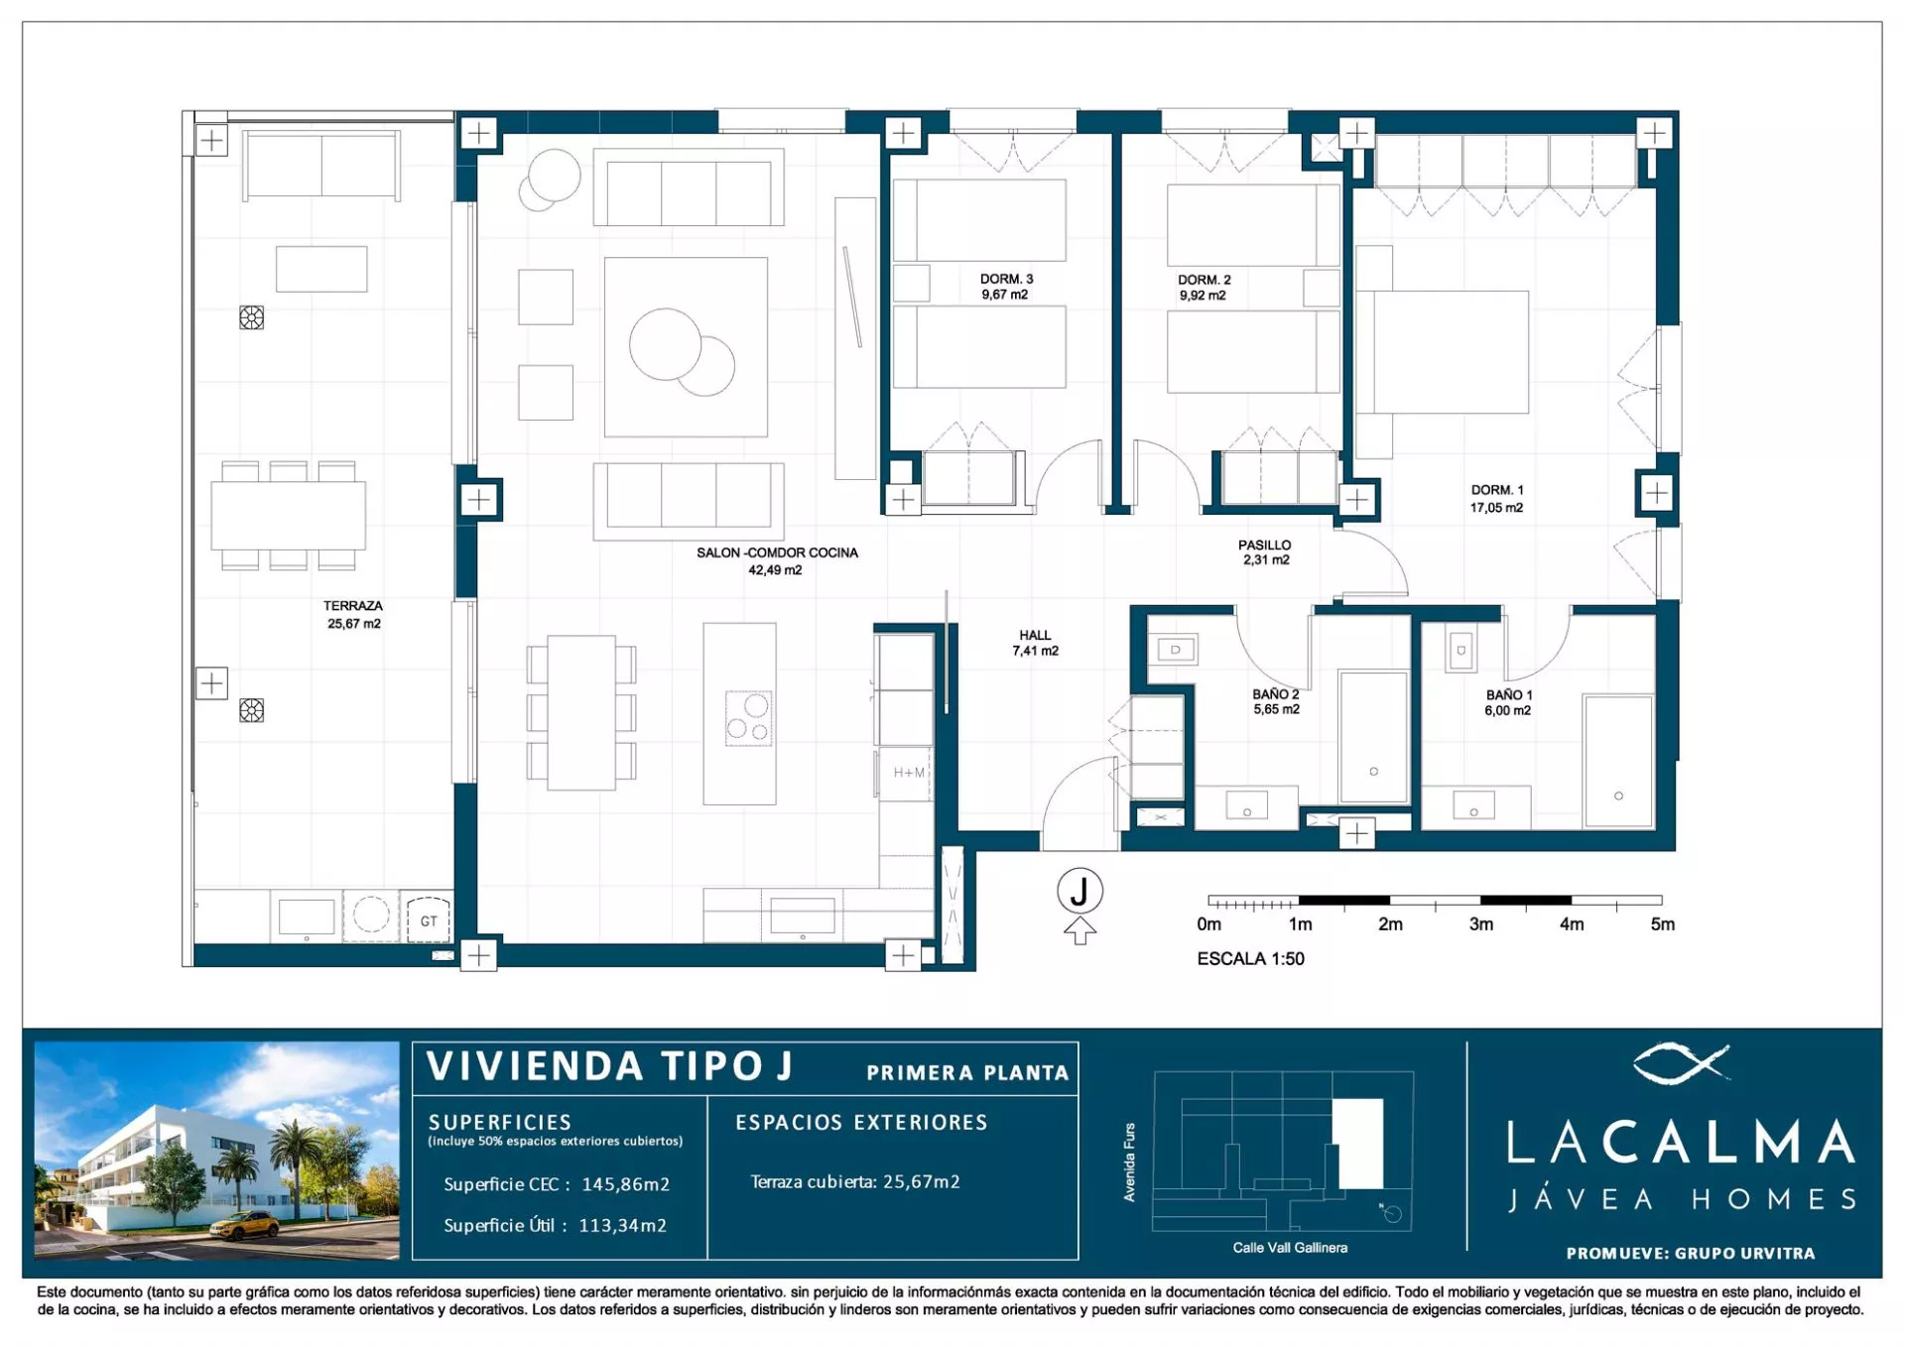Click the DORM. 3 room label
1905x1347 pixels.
1006,280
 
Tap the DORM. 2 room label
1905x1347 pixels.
1204,281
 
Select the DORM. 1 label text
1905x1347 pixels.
1496,490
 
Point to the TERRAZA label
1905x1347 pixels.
352,606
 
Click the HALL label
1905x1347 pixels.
1035,636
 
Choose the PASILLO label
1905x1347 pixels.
1265,546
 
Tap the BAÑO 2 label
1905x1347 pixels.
1276,694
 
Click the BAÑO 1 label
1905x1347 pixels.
1509,695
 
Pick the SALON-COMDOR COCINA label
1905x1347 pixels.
777,552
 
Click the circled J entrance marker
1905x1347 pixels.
1079,891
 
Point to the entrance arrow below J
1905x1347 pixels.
1079,930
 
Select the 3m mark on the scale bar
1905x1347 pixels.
1480,924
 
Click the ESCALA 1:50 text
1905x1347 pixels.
1250,959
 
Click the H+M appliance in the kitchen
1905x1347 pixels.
908,773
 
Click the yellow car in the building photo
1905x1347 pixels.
244,1226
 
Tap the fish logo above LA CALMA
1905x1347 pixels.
1681,1063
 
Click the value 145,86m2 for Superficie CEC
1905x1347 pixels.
625,1184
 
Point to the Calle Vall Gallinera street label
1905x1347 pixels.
1290,1248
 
